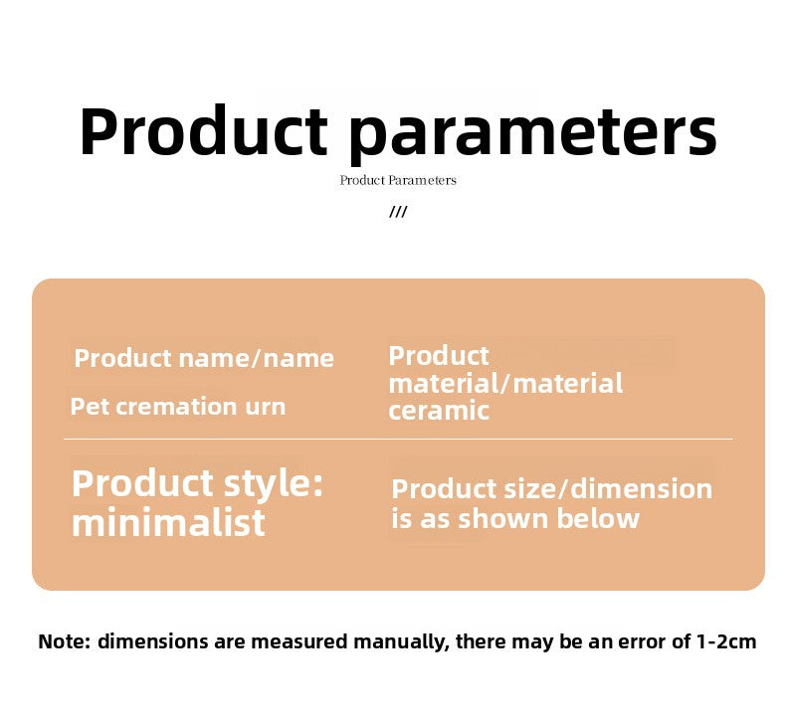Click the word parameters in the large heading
[533, 134]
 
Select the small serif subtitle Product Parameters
[398, 180]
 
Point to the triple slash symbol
[398, 212]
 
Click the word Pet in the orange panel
[90, 407]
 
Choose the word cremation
[176, 407]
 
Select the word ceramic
[439, 411]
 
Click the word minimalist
[168, 522]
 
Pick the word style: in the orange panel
[273, 485]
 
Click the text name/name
[257, 359]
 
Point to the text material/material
[505, 384]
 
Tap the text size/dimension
[608, 489]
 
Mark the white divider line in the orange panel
[398, 439]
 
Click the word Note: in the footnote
[64, 641]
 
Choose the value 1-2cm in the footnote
[726, 641]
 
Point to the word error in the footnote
[639, 642]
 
